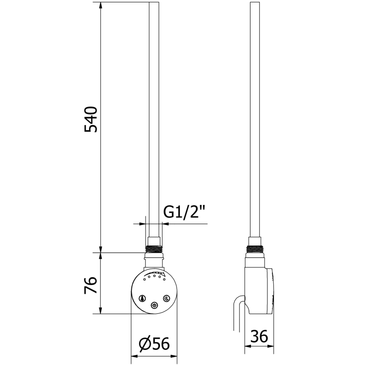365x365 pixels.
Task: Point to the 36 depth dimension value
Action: [x=259, y=337]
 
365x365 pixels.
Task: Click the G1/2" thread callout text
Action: [x=184, y=211]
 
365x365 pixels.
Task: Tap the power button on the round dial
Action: [x=154, y=306]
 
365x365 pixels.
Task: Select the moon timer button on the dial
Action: [x=167, y=298]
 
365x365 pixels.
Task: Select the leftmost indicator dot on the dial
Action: [x=145, y=280]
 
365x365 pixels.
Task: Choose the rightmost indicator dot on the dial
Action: [x=164, y=280]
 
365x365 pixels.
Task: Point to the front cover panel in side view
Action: [x=272, y=292]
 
